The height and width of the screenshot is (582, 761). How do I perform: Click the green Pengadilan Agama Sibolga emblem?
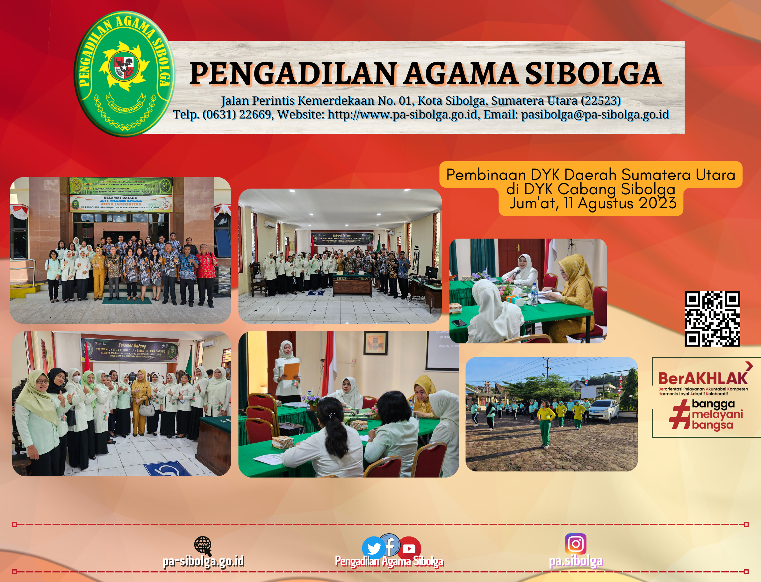[x=124, y=74]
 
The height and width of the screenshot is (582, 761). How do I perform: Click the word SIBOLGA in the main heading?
[x=593, y=74]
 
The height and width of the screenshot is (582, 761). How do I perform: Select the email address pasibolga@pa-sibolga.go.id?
[x=595, y=115]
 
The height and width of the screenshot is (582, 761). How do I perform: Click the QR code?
[x=712, y=318]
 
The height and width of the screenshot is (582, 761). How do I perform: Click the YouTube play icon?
[x=409, y=549]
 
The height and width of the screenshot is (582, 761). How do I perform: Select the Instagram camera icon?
[x=576, y=544]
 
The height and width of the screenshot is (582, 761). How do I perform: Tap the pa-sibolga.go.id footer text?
[x=203, y=562]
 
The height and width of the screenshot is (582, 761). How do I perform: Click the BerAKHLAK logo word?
[x=702, y=379]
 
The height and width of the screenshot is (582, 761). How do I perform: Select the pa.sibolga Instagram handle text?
[x=576, y=562]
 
